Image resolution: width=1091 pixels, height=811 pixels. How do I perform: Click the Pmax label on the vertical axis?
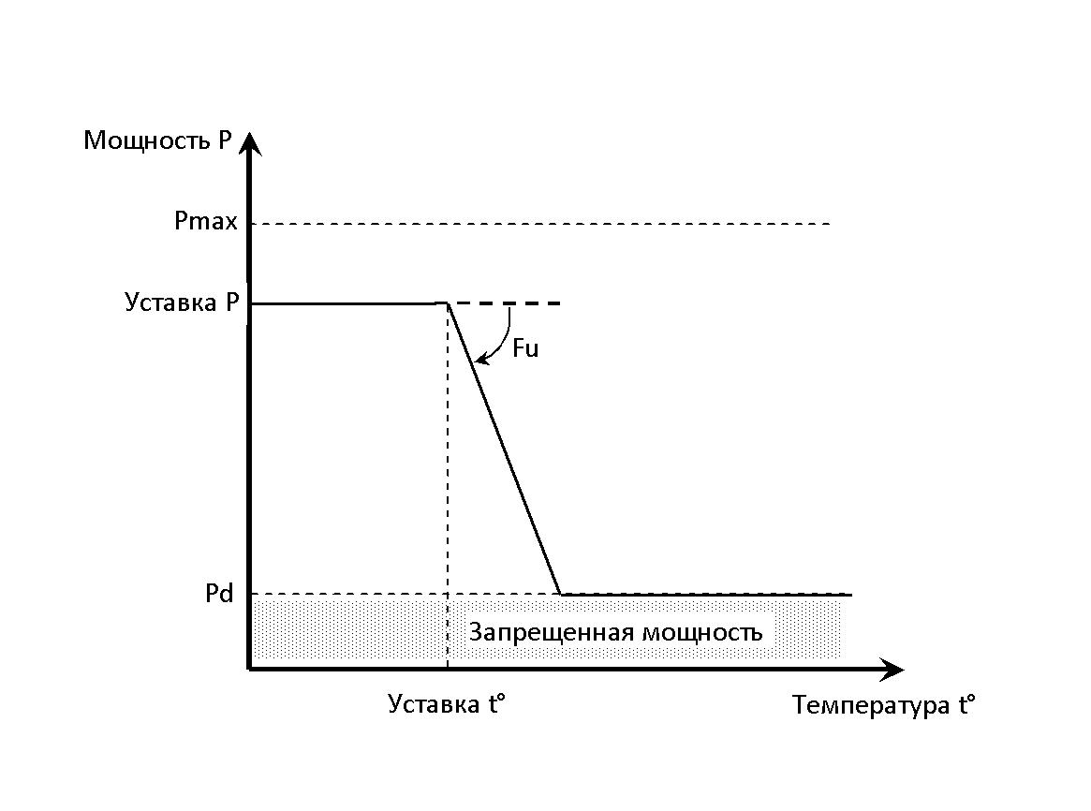(206, 221)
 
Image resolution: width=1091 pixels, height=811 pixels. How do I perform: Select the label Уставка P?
(182, 302)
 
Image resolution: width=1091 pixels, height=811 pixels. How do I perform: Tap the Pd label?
(219, 594)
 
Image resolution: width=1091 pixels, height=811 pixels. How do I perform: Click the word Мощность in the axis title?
(145, 140)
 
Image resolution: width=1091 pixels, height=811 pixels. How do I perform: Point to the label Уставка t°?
(446, 704)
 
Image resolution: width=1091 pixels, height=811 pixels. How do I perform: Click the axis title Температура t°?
(884, 704)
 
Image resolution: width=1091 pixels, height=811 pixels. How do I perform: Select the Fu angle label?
(525, 347)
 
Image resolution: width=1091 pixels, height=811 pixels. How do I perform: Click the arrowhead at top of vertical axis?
(250, 143)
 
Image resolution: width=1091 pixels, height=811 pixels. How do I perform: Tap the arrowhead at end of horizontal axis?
(892, 669)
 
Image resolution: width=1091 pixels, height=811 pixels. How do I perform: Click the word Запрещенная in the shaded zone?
(551, 633)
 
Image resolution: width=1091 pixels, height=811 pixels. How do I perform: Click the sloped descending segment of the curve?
(504, 449)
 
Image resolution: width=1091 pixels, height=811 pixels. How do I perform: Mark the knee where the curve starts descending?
(448, 303)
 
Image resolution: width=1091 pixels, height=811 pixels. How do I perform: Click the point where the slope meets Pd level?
(560, 595)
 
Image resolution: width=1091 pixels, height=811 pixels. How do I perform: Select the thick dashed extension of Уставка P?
(505, 303)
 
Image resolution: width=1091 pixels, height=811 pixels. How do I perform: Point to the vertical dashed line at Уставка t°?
(448, 487)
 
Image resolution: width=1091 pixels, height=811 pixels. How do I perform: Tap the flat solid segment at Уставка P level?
(348, 304)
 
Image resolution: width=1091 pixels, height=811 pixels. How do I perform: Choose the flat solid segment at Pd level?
(706, 595)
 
